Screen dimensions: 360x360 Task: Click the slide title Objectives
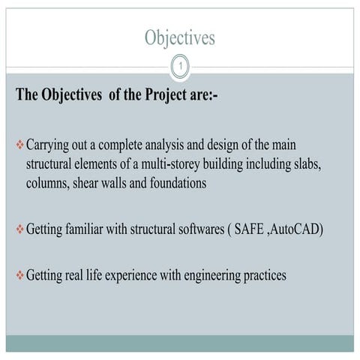179,38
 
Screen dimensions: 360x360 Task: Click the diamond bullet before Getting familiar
20,229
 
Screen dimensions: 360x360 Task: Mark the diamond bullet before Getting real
20,275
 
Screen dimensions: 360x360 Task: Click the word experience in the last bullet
130,276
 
